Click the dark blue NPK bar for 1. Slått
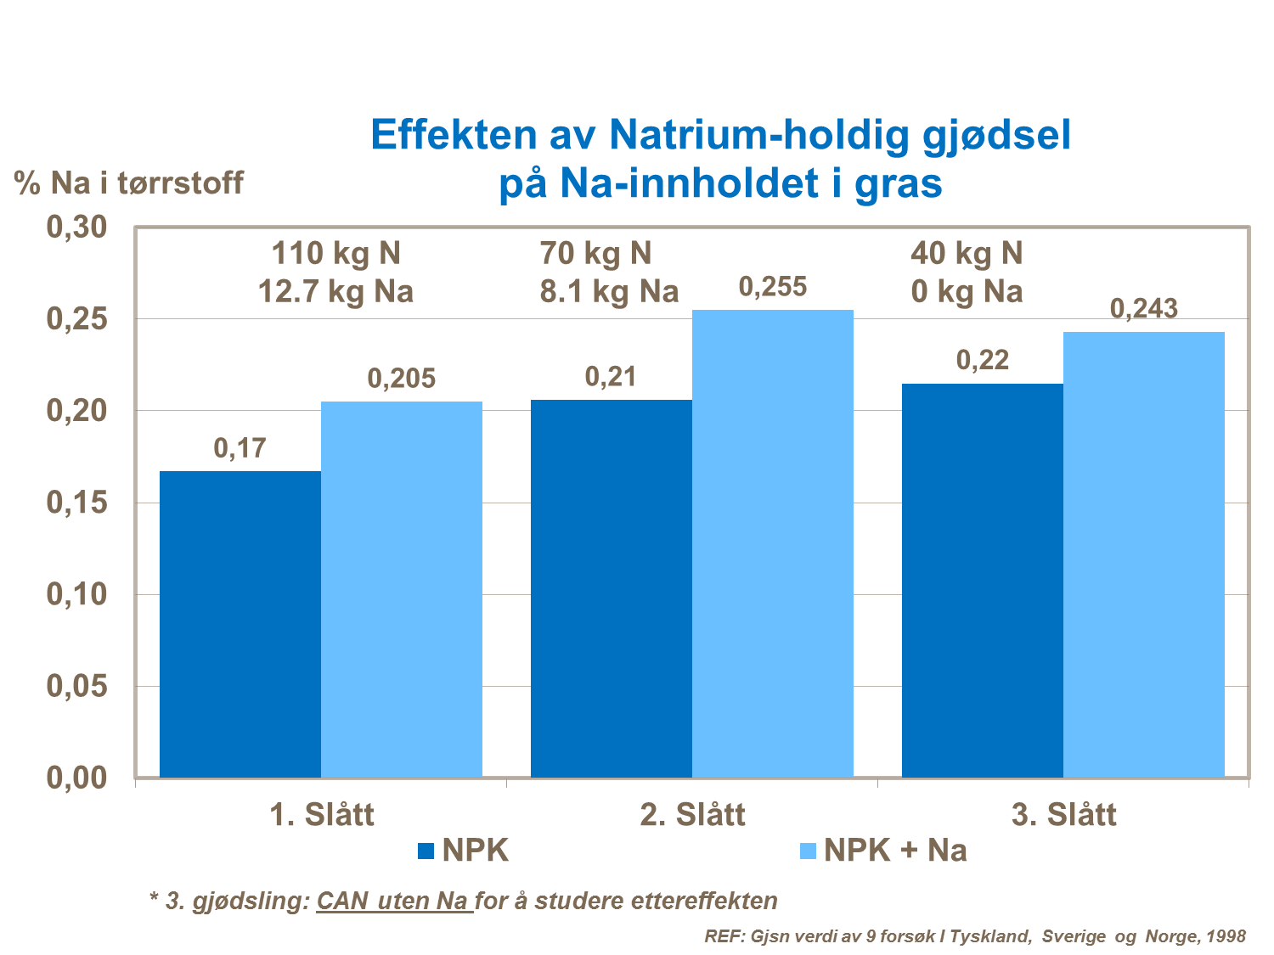pyautogui.click(x=240, y=624)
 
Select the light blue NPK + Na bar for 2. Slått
pyautogui.click(x=773, y=543)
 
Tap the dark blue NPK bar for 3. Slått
pyautogui.click(x=982, y=581)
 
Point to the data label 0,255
pyautogui.click(x=773, y=288)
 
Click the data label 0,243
pyautogui.click(x=1144, y=309)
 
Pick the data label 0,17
pyautogui.click(x=240, y=448)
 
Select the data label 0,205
pyautogui.click(x=402, y=379)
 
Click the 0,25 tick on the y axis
pyautogui.click(x=76, y=319)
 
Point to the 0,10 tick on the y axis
pyautogui.click(x=76, y=594)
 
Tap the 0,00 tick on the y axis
pyautogui.click(x=76, y=778)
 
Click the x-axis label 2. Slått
pyautogui.click(x=692, y=815)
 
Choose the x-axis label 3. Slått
pyautogui.click(x=1063, y=815)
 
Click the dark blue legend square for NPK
pyautogui.click(x=426, y=851)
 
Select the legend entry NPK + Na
pyautogui.click(x=894, y=851)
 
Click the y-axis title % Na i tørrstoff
pyautogui.click(x=129, y=183)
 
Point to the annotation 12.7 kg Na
pyautogui.click(x=335, y=292)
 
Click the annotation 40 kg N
pyautogui.click(x=967, y=253)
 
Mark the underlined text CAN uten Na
pyautogui.click(x=393, y=901)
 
